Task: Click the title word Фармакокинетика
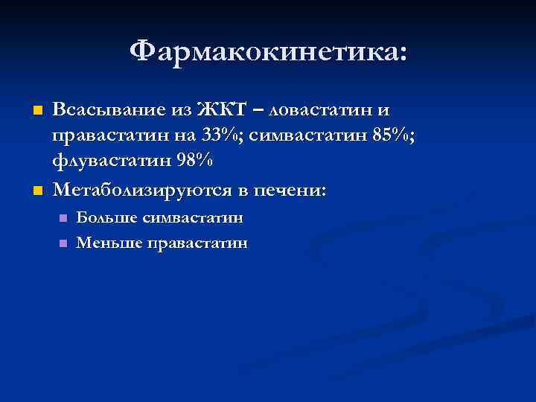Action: [x=264, y=52]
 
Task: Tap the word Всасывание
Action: [x=111, y=111]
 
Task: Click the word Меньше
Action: [x=109, y=243]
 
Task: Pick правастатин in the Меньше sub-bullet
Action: [x=198, y=243]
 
